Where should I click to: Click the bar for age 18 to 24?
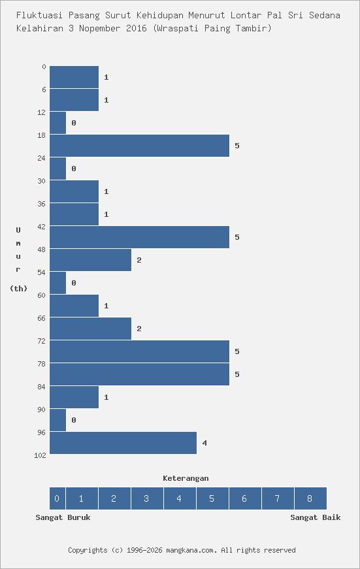pos(139,146)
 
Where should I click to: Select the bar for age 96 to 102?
pos(123,443)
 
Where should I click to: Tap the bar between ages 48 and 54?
pos(90,260)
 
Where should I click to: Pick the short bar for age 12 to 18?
pos(57,123)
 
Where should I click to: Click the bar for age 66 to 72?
pos(90,329)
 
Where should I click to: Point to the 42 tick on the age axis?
pos(42,227)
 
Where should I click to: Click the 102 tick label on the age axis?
pos(40,455)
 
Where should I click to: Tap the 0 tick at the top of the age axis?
pos(44,67)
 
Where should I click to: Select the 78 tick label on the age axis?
pos(42,364)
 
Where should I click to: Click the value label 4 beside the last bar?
pos(205,443)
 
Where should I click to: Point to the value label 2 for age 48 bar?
pos(139,260)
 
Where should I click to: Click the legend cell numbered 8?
pos(310,498)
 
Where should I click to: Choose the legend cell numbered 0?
pos(57,498)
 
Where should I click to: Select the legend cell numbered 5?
pos(212,498)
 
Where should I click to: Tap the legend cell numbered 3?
pos(146,498)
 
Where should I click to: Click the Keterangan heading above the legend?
pos(186,478)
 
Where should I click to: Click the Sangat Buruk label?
pos(63,517)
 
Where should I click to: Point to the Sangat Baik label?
pos(316,517)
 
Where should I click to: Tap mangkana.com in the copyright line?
pos(191,550)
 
